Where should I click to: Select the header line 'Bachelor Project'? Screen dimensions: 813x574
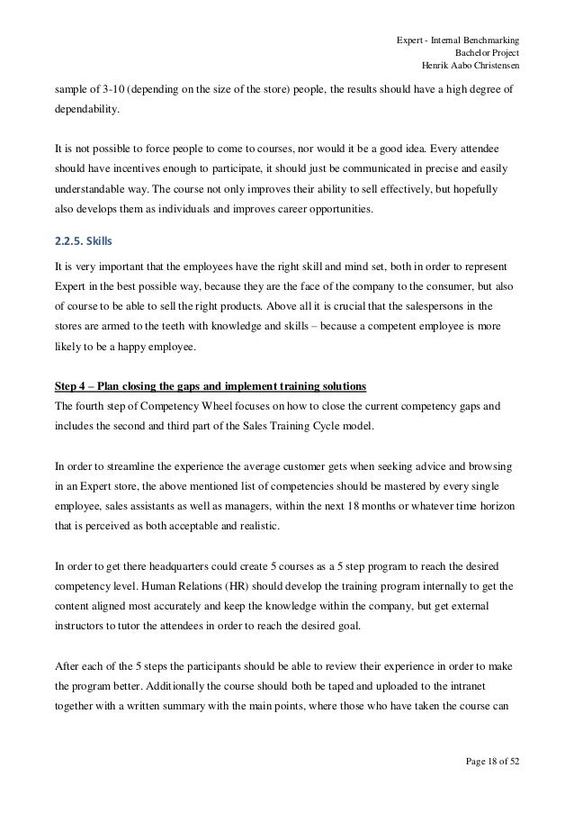(x=490, y=52)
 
